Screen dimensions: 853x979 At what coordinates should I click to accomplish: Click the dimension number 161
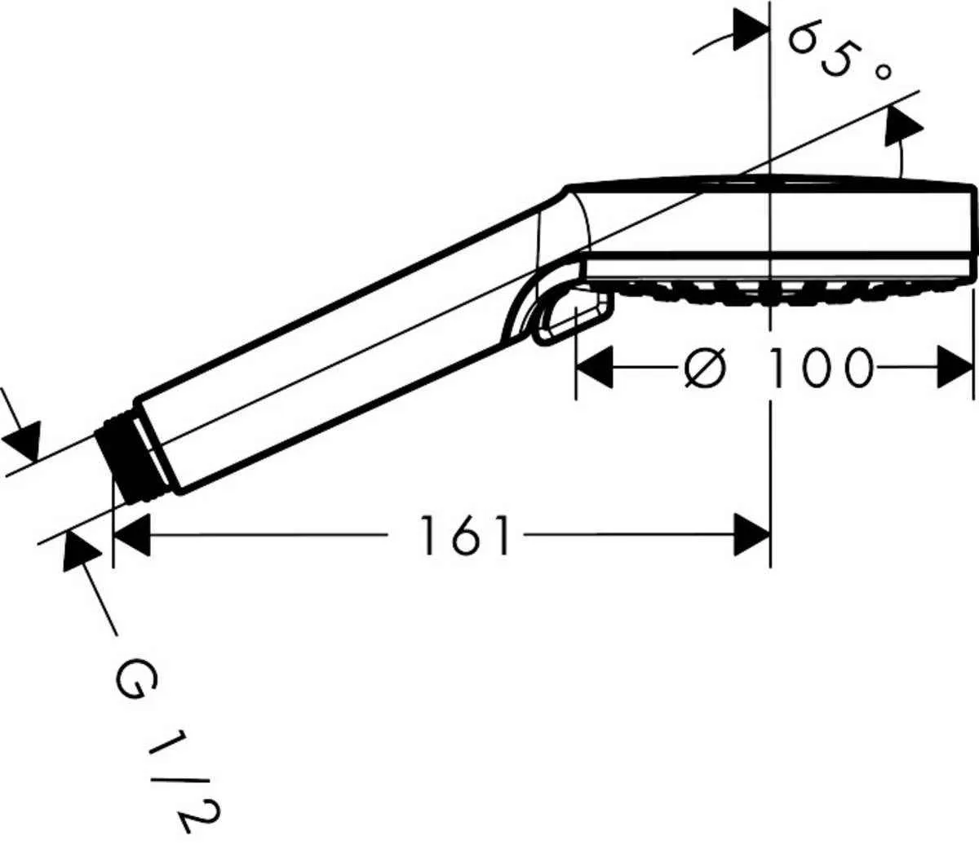point(465,536)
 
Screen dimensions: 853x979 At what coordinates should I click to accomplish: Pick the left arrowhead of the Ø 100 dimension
point(596,368)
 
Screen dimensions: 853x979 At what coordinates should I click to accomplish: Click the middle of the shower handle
point(343,343)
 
